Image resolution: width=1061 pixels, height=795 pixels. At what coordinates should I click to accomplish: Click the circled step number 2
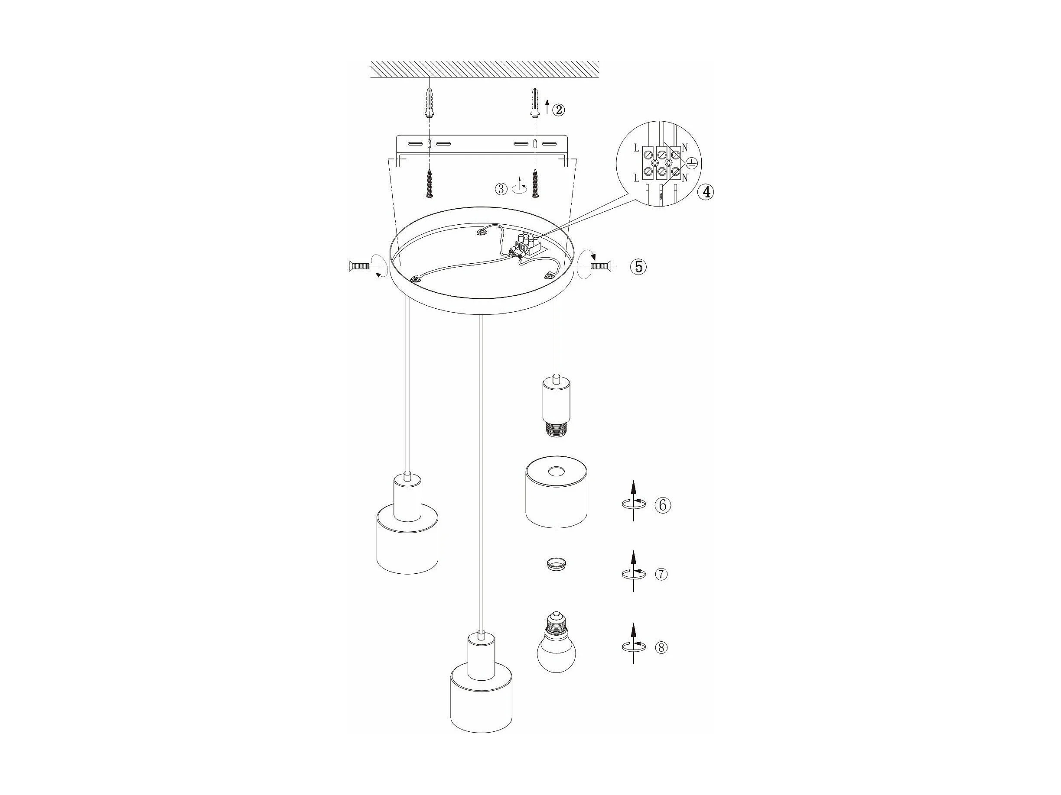pyautogui.click(x=558, y=110)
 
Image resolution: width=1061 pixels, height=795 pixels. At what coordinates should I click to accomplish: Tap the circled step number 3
pyautogui.click(x=501, y=189)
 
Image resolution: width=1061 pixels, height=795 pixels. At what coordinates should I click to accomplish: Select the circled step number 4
pyautogui.click(x=706, y=192)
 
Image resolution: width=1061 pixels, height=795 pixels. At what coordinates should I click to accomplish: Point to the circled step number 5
pyautogui.click(x=638, y=266)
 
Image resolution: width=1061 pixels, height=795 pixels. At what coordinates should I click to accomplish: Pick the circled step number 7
pyautogui.click(x=661, y=574)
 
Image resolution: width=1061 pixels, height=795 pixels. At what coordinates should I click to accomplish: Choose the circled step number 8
pyautogui.click(x=661, y=648)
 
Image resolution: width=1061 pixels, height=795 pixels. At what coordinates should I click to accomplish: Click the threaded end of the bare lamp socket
pyautogui.click(x=557, y=428)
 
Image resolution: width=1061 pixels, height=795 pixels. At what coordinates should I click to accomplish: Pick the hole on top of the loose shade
pyautogui.click(x=557, y=472)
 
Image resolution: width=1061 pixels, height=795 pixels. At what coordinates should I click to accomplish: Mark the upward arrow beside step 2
pyautogui.click(x=547, y=107)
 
